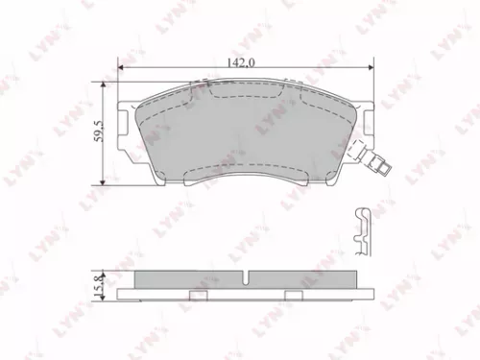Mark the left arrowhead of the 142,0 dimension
120,67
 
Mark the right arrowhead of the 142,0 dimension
370,67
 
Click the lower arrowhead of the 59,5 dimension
104,182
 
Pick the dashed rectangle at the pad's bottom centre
244,177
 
